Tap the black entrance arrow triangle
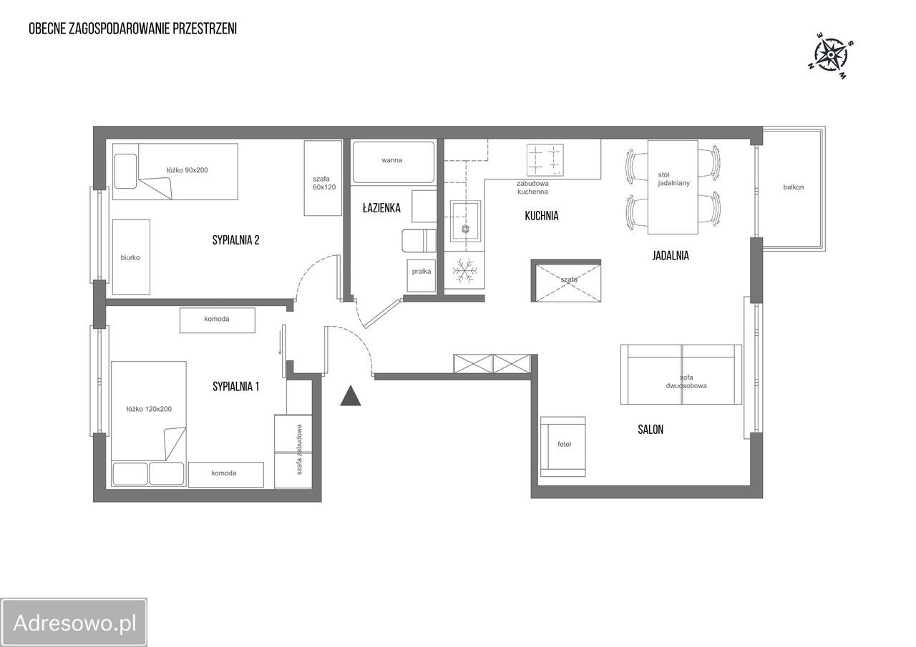(351, 395)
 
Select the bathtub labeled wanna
(394, 162)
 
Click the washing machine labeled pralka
(422, 276)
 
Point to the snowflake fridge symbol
(464, 270)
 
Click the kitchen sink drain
(465, 228)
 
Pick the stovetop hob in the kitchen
(545, 158)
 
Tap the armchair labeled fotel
(562, 446)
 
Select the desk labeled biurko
(131, 257)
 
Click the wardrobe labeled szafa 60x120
(323, 178)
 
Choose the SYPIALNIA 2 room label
(235, 240)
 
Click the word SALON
(651, 429)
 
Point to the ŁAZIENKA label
(381, 208)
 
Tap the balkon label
(794, 187)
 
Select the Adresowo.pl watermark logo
(74, 623)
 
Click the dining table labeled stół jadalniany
(673, 187)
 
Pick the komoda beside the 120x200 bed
(225, 475)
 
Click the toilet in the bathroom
(419, 241)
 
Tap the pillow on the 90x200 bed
(125, 171)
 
